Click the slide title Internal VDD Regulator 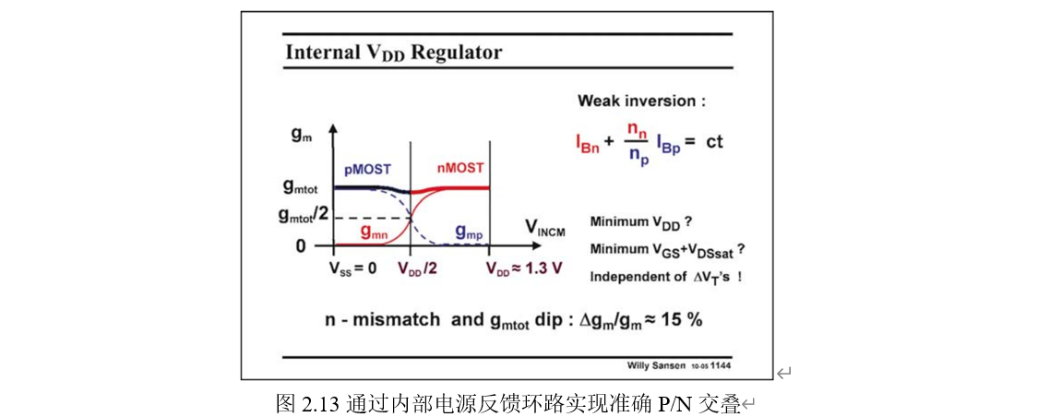click(x=394, y=52)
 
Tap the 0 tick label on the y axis click(x=300, y=246)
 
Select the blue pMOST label click(x=368, y=171)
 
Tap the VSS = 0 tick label click(x=352, y=269)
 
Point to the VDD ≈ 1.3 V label click(x=524, y=269)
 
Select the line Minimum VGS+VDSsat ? click(x=667, y=249)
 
